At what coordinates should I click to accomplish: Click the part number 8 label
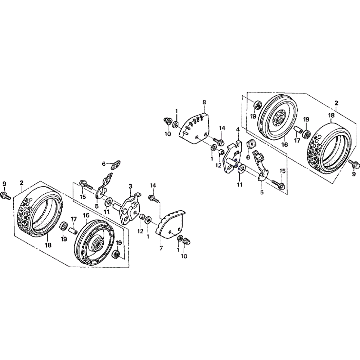[204, 102]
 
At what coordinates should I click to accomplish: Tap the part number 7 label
[161, 248]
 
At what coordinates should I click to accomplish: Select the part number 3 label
[130, 186]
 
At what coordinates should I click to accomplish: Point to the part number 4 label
[238, 129]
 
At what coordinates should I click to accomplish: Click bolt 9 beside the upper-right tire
[352, 163]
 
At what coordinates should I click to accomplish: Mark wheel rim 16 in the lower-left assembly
[95, 243]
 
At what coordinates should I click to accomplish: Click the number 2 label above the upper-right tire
[336, 103]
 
